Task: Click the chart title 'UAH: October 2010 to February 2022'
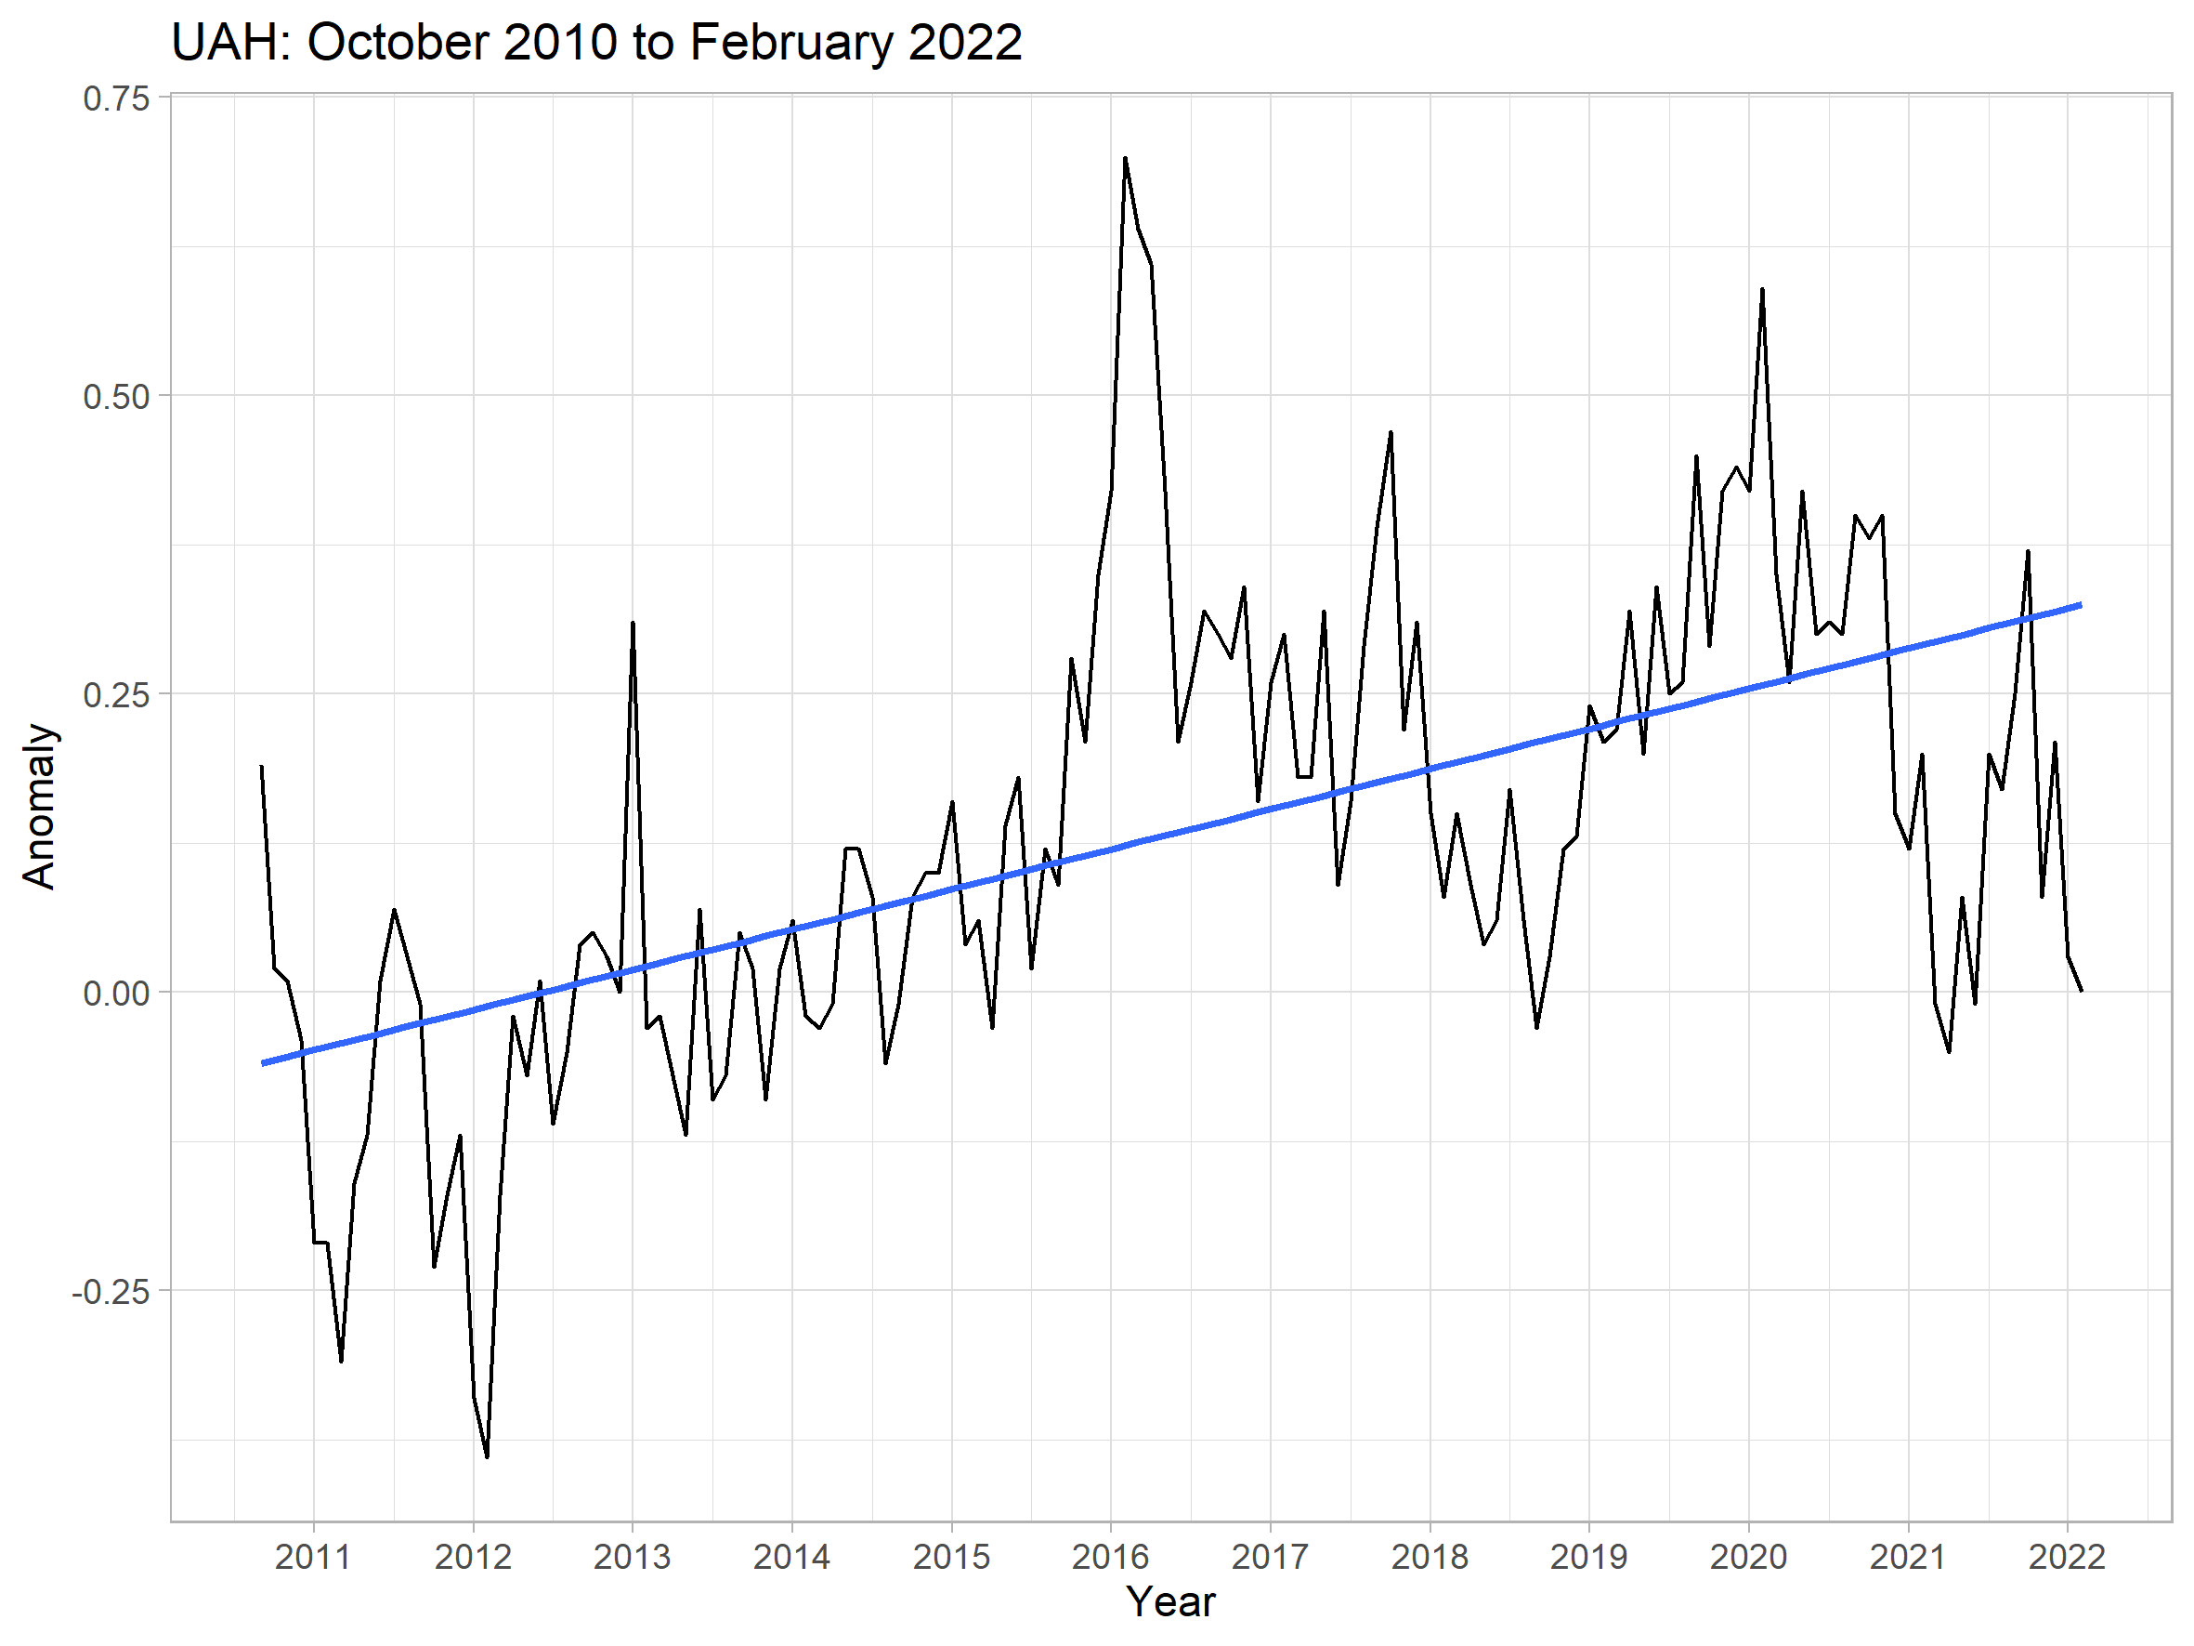pos(596,44)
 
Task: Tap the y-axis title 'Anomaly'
pos(40,806)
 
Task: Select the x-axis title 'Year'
pos(1170,1601)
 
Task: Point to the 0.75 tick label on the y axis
pos(116,99)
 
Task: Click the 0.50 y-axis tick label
pos(116,397)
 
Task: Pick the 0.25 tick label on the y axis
pos(116,694)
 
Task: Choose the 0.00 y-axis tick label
pos(116,994)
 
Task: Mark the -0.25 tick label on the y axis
pos(111,1292)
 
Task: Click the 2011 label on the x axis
pos(313,1557)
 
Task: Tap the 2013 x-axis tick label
pos(633,1557)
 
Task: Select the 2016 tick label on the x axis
pos(1111,1557)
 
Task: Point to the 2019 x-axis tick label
pos(1589,1557)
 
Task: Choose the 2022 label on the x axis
pos(2067,1557)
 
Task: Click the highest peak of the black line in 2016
pos(1125,158)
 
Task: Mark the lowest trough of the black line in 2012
pos(487,1456)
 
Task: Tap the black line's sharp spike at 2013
pos(633,623)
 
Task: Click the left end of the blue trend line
pos(263,1063)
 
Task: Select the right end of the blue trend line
pos(2080,604)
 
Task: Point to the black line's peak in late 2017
pos(1391,432)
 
